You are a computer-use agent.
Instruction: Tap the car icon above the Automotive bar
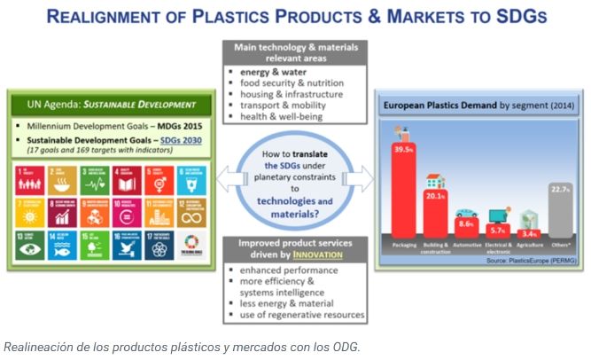(466, 212)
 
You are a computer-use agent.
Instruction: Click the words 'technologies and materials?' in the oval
(294, 207)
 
